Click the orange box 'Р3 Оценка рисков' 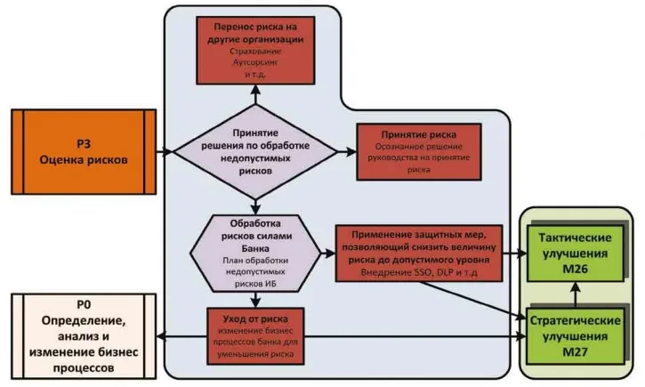[84, 152]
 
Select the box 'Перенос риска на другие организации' [255, 51]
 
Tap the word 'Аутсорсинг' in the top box [255, 62]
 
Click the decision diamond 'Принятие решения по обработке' [255, 152]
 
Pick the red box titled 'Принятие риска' [419, 152]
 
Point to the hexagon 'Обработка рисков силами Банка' [255, 254]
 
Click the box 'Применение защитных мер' [419, 254]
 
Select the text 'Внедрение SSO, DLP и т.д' [419, 272]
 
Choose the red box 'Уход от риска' [255, 336]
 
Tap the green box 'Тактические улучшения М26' [575, 254]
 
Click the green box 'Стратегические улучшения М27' [575, 336]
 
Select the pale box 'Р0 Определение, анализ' [84, 336]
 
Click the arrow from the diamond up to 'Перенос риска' [255, 94]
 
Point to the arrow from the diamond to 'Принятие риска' [347, 152]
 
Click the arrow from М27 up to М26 [575, 294]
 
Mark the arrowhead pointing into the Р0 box [161, 336]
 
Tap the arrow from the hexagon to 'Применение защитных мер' [328, 254]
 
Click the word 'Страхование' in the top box [255, 52]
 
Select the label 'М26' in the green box [575, 269]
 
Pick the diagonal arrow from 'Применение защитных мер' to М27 [473, 301]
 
